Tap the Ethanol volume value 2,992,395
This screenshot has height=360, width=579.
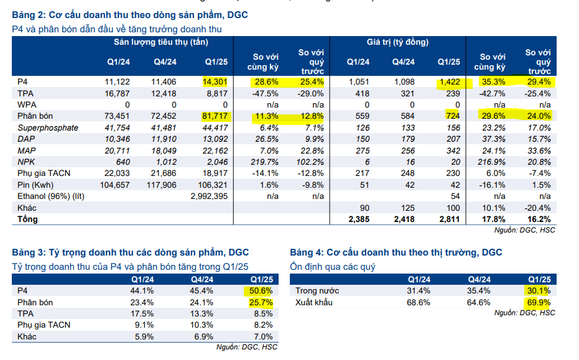[x=208, y=196]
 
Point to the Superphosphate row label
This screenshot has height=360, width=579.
[x=48, y=127]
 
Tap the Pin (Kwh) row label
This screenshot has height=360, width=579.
[x=35, y=185]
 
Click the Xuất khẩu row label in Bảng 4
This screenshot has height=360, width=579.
[x=315, y=302]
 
